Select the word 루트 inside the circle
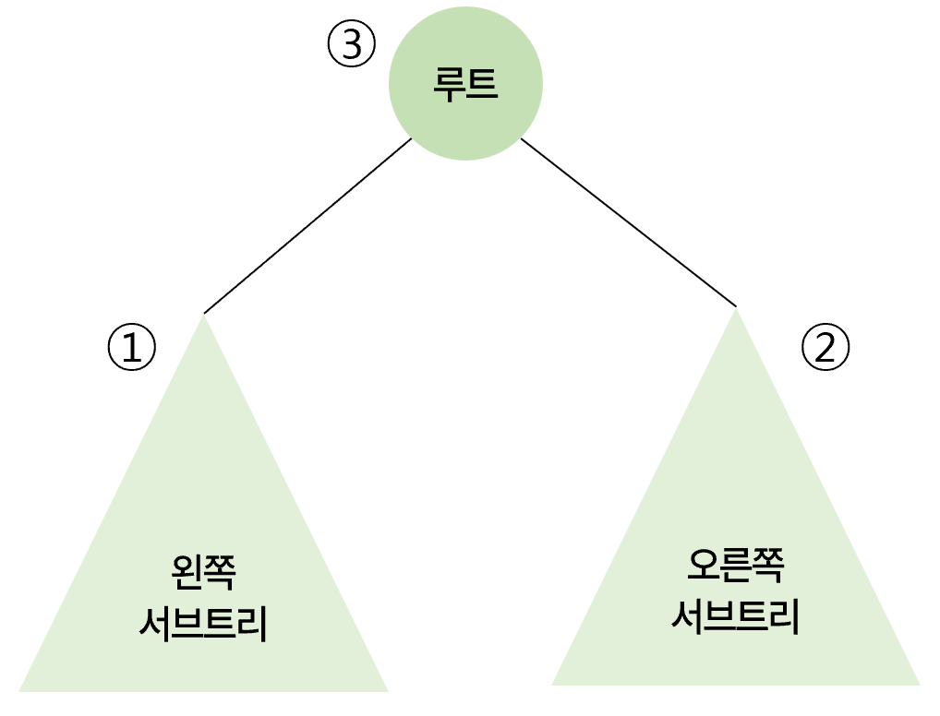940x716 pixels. (x=465, y=84)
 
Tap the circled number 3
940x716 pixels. (x=352, y=45)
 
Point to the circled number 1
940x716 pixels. (x=132, y=347)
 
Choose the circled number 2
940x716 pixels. (x=825, y=347)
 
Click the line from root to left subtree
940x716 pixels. (x=307, y=226)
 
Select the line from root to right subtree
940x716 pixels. (x=628, y=222)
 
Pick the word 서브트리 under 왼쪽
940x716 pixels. (x=203, y=625)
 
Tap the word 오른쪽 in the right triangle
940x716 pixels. (x=736, y=566)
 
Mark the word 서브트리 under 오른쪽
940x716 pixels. (x=736, y=616)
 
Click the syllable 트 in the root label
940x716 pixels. (x=482, y=84)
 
